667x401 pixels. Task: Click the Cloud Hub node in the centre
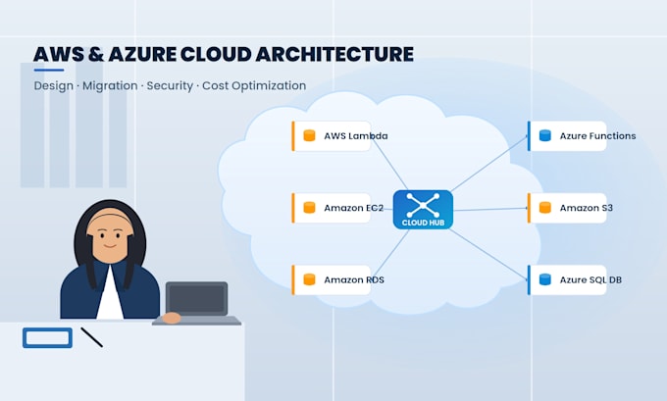[x=423, y=210]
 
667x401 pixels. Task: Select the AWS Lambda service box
[x=332, y=136]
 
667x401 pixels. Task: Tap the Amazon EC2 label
[x=353, y=208]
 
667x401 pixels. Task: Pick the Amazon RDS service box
[x=332, y=279]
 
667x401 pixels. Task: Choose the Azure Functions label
[x=597, y=136]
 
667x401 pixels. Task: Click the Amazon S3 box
[x=567, y=208]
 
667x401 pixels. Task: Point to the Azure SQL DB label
[x=590, y=279]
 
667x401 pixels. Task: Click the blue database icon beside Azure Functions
[x=545, y=135]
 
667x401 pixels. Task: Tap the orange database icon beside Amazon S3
[x=545, y=208]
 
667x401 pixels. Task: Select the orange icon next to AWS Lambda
[x=309, y=135]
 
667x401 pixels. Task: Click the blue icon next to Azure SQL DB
[x=545, y=279]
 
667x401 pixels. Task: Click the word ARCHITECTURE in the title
[x=334, y=55]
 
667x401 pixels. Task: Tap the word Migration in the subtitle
[x=110, y=86]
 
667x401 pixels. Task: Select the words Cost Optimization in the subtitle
[x=254, y=86]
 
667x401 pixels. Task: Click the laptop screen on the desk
[x=196, y=298]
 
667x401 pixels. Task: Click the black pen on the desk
[x=92, y=337]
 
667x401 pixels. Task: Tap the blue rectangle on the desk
[x=47, y=338]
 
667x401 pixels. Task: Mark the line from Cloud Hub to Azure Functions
[x=489, y=164]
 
